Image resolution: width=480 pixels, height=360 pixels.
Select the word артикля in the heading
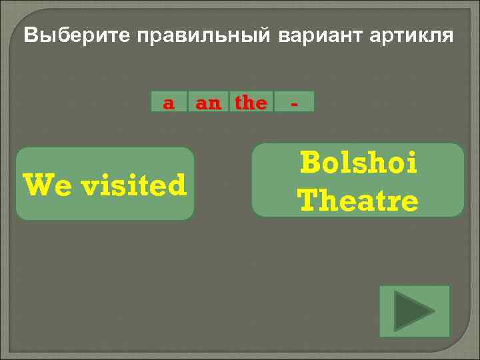(409, 35)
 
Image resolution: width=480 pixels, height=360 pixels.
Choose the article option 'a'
(169, 103)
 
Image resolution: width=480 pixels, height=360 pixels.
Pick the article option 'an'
(208, 103)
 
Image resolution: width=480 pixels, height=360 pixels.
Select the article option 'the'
(251, 103)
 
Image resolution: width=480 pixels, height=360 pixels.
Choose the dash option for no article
(293, 103)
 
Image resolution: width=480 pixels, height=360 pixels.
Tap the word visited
(134, 185)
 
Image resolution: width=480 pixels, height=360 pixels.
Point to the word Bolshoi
(359, 163)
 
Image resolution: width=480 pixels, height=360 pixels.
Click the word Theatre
(358, 199)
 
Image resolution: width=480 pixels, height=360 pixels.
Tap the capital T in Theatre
(307, 199)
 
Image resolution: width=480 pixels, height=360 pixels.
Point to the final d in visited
(177, 185)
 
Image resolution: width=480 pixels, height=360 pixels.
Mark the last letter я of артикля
(447, 37)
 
